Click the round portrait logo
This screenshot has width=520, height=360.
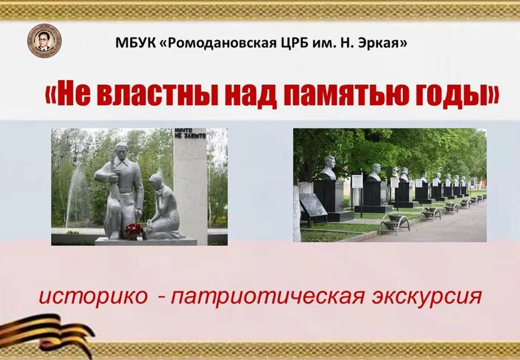[44, 40]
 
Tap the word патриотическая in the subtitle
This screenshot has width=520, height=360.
[268, 297]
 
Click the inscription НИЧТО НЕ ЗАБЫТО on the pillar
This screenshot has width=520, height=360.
[190, 133]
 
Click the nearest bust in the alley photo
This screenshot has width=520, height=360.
[328, 168]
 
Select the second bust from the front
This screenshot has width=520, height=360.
[375, 172]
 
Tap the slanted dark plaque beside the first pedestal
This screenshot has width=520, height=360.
[312, 205]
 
